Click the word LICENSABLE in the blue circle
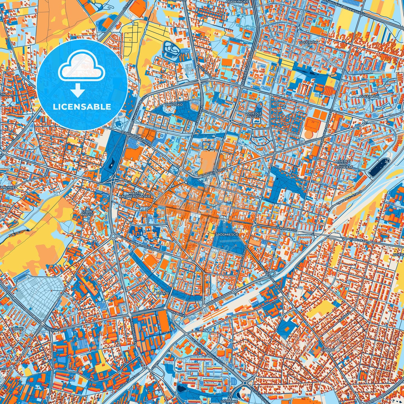tap(82, 107)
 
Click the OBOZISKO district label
tap(174, 104)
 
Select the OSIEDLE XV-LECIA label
tap(254, 115)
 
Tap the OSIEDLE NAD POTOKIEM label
tap(343, 164)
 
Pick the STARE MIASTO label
tap(87, 214)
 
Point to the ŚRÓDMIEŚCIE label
tap(227, 234)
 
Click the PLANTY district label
tap(163, 293)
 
